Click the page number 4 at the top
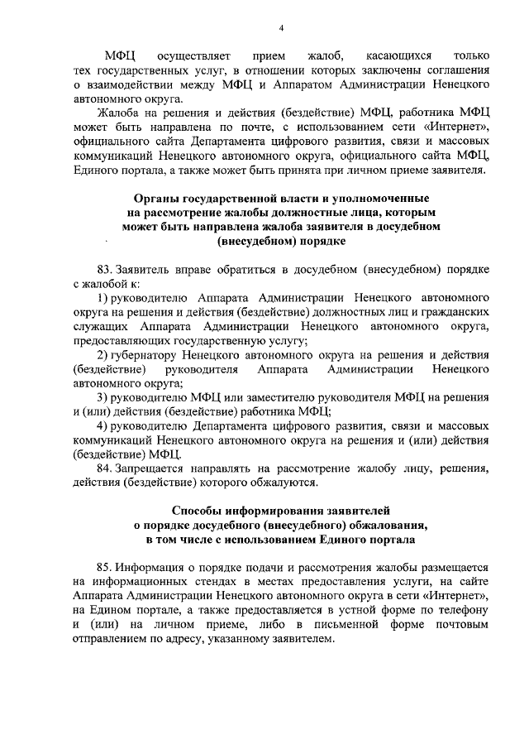tap(281, 28)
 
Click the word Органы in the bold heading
tap(162, 199)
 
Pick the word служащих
tap(98, 326)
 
